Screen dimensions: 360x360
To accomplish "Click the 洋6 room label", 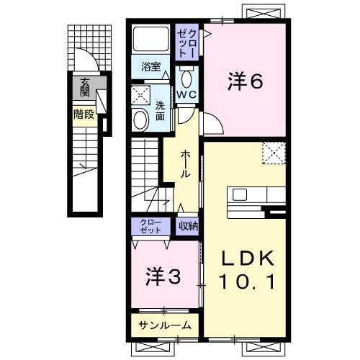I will click(246, 81).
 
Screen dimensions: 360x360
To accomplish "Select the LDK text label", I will click(245, 258).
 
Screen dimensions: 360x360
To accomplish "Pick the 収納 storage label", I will click(189, 226).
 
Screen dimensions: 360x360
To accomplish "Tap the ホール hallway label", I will click(186, 163).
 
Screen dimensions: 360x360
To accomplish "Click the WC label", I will click(189, 94).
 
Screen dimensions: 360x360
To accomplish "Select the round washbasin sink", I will click(140, 120).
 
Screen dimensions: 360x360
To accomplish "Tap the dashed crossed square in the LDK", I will click(274, 153).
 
